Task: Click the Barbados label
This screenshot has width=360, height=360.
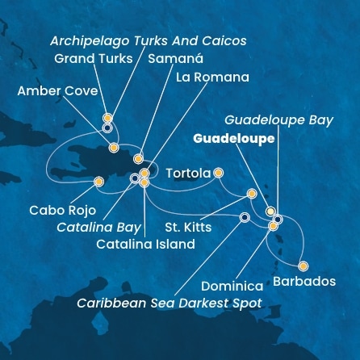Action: [x=304, y=282]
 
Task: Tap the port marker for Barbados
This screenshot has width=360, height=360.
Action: [x=303, y=266]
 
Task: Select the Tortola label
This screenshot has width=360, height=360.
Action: [x=188, y=173]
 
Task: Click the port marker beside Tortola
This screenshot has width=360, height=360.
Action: [x=218, y=172]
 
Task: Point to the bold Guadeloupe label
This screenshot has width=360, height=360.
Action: [x=234, y=138]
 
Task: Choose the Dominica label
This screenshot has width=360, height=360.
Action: [x=232, y=287]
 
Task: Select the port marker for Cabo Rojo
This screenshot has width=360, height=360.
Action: [x=98, y=182]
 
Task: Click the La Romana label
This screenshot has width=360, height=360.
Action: [x=212, y=77]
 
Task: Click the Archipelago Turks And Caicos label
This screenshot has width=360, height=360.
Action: [x=148, y=40]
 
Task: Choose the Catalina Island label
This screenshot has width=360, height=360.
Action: [x=144, y=244]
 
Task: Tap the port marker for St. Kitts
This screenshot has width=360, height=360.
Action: [x=251, y=193]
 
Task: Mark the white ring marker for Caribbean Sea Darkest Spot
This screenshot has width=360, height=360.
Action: [x=245, y=216]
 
